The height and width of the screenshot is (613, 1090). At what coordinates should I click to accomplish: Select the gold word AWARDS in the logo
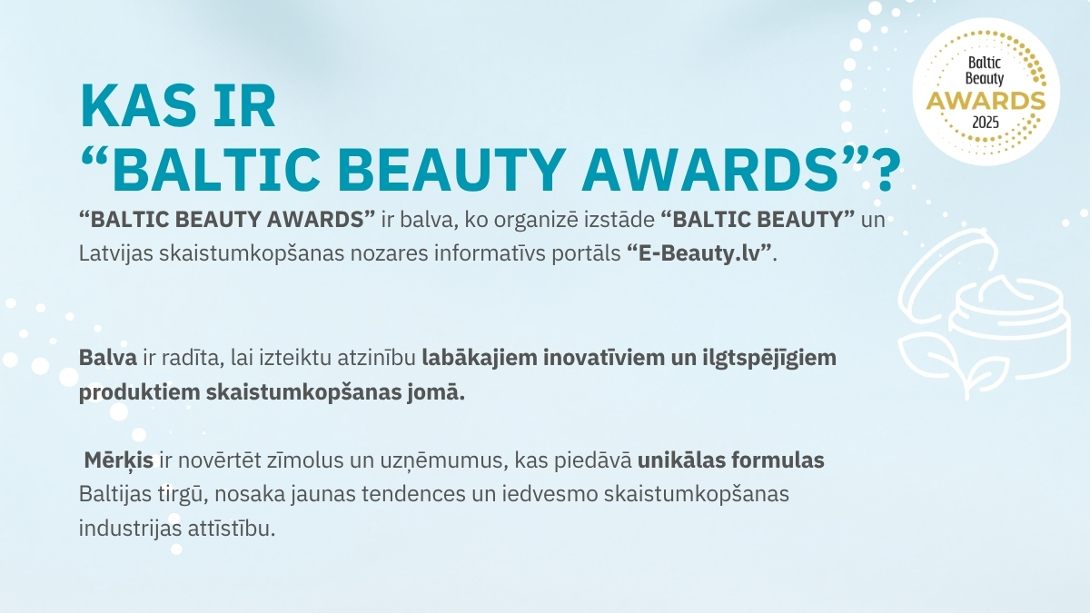click(x=986, y=102)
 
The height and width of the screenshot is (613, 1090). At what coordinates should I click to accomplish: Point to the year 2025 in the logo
click(x=986, y=122)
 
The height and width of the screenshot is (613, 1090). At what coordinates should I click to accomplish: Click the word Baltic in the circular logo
click(x=985, y=63)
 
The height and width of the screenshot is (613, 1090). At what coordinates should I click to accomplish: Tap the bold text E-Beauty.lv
click(x=699, y=253)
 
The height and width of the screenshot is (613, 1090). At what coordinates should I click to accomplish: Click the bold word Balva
click(x=108, y=358)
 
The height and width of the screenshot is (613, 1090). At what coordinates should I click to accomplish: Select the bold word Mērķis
click(x=119, y=460)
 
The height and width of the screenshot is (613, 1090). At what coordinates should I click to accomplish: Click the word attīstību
click(x=231, y=529)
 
